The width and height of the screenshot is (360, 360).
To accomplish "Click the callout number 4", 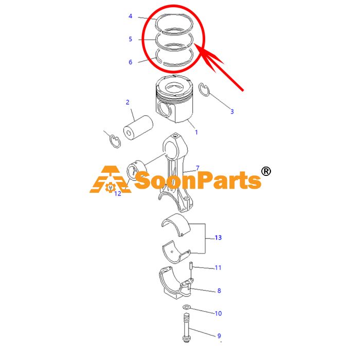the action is pos(131,16).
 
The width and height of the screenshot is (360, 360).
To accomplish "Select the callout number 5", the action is pos(131,39).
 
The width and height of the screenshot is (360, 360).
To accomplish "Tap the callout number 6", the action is pos(131,62).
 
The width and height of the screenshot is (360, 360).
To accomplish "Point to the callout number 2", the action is pos(128,102).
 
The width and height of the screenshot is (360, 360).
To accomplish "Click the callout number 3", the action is pos(232,112).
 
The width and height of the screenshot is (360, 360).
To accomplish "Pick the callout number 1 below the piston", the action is pos(196,132).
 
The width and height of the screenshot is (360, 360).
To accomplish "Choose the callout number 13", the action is pos(219,238).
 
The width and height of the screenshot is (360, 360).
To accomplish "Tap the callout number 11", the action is pos(218,268).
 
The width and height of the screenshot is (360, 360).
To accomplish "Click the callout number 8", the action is pos(219,291).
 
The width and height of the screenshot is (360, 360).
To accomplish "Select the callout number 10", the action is pos(219,313).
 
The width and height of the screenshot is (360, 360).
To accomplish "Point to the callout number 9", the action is pos(219,336).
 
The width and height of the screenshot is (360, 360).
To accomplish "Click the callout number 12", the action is pos(118,193).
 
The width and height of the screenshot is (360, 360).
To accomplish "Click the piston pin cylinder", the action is pos(138,128).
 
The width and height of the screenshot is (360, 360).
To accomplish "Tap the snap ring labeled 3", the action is pos(204,89).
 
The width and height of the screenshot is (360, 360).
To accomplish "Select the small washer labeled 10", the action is pos(186,307).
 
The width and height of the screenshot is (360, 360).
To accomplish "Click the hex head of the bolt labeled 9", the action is pos(186,338).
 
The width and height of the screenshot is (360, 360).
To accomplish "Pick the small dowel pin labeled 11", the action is pos(191,266).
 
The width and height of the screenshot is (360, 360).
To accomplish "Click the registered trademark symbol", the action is pos(266,171).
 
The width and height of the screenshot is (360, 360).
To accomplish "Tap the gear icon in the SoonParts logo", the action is pos(111,187).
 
